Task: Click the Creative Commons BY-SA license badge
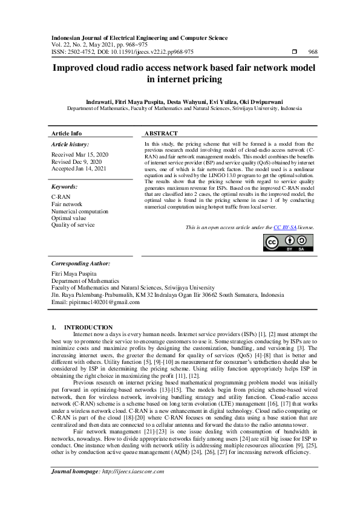(289, 242)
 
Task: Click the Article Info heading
(67, 133)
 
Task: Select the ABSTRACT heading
(161, 133)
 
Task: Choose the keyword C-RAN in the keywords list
(61, 197)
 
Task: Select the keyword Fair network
(67, 204)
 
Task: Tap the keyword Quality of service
(73, 225)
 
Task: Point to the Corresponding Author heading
(80, 264)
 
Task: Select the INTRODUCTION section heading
(88, 327)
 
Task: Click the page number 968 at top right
(313, 52)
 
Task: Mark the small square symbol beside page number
(295, 52)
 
